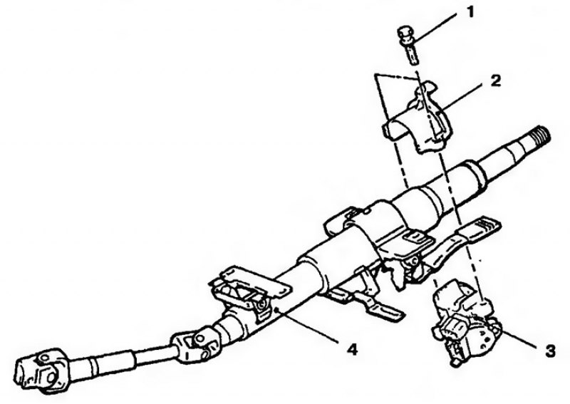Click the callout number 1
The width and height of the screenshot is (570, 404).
click(470, 12)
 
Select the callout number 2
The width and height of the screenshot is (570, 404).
click(494, 81)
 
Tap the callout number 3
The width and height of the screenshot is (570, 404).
click(549, 351)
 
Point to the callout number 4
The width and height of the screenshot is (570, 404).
click(352, 349)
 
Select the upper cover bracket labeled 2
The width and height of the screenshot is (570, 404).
click(418, 118)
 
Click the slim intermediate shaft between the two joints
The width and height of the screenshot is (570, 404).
click(120, 359)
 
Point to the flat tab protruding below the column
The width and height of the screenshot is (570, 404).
click(385, 313)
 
